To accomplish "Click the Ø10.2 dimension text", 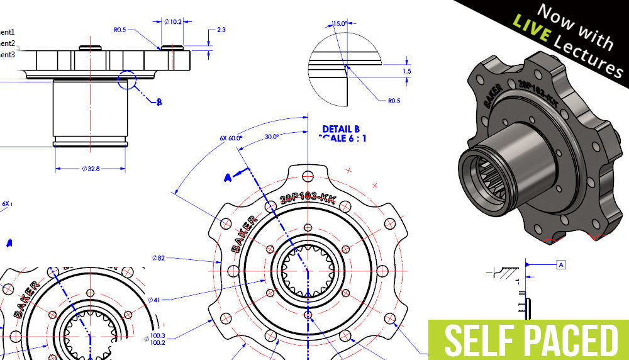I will coord(174,21).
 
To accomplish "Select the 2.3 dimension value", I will coord(221,30).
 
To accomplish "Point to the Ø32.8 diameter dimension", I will coord(90,169).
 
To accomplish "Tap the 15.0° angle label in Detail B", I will coord(340,23).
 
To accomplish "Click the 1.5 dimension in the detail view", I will coord(407,72).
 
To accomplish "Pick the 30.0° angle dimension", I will coord(272,135).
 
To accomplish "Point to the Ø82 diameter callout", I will coord(159,257).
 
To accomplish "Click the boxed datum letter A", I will coord(560,265).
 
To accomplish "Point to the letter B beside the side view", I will coord(159,101).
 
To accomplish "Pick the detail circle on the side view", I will coord(127,81).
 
